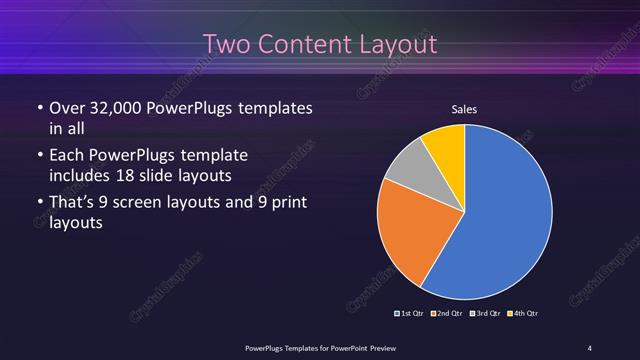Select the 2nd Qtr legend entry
coord(448,314)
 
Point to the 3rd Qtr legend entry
coord(486,314)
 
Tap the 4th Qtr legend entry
coord(523,314)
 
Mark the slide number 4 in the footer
coord(590,347)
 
